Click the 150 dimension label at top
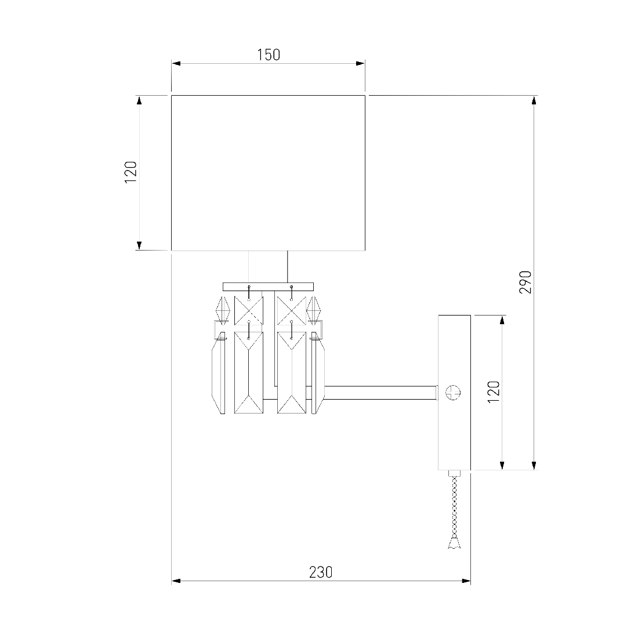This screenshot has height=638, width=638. click(269, 55)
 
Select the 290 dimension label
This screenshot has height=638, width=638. click(525, 282)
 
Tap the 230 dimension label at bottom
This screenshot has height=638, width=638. click(321, 572)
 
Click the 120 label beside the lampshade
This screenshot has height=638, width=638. click(130, 172)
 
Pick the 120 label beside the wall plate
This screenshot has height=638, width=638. click(493, 392)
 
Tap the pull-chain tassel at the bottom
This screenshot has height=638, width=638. click(454, 542)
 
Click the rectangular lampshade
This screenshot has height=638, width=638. click(268, 173)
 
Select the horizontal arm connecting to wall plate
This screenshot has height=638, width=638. click(380, 393)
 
